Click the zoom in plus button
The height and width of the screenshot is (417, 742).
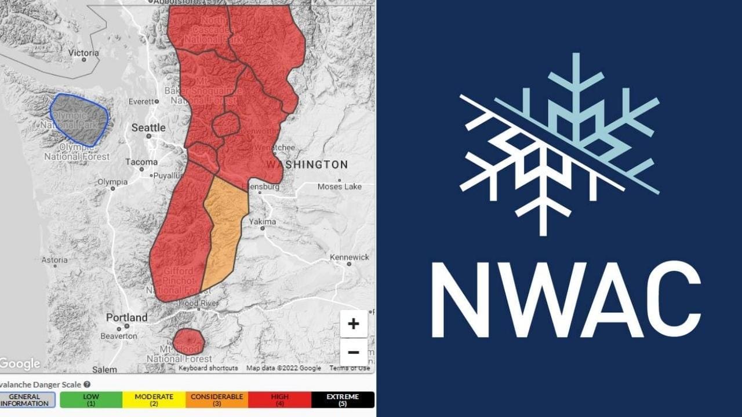[x=354, y=324]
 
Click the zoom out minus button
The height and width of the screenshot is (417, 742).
[x=354, y=352]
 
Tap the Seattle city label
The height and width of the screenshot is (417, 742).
[x=148, y=127]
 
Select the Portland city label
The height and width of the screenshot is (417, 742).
[x=126, y=317]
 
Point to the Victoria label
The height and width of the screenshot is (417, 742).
[x=83, y=53]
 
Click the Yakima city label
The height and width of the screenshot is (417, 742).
[x=263, y=222]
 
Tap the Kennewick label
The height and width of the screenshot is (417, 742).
[x=350, y=257]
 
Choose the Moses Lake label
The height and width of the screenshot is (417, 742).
[x=340, y=186]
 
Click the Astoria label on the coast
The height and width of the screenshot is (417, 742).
[x=54, y=260]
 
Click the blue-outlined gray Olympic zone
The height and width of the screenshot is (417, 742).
[x=79, y=119]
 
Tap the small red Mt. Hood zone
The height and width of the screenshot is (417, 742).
[x=188, y=341]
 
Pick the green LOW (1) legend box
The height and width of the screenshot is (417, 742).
[x=91, y=400]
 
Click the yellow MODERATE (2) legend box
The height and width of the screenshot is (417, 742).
[x=154, y=400]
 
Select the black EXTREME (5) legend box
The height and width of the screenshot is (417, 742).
[x=343, y=400]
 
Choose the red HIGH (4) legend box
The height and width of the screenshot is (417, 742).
[x=279, y=400]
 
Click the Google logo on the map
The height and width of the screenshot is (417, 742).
[x=20, y=364]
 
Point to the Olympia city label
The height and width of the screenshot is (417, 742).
[x=112, y=182]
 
